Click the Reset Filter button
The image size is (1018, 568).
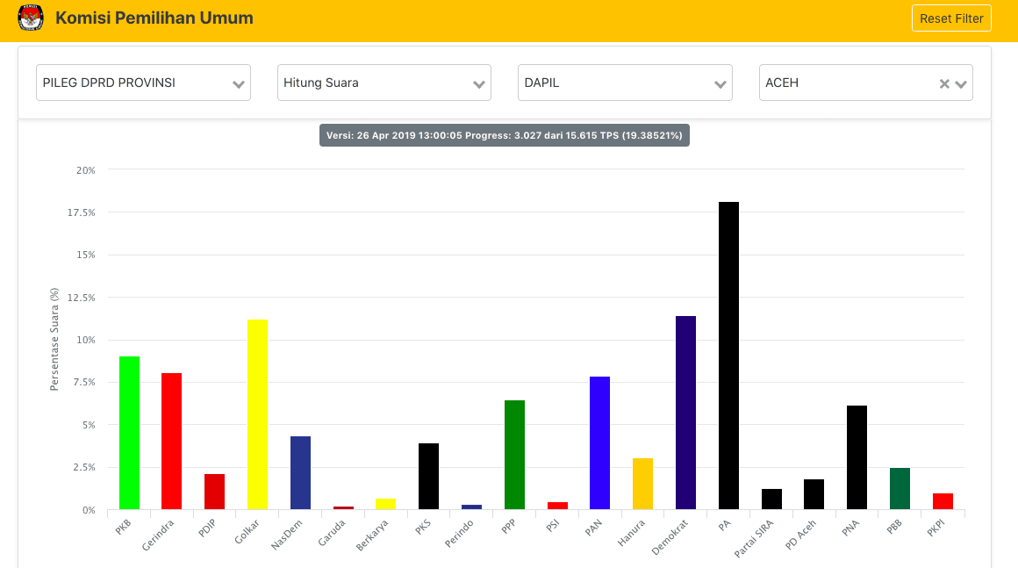pyautogui.click(x=951, y=18)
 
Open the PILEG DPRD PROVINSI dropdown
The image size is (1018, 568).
pyautogui.click(x=143, y=83)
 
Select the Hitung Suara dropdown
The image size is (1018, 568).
pyautogui.click(x=384, y=83)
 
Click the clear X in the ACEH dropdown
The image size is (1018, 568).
pyautogui.click(x=944, y=83)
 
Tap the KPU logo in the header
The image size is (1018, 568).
pyautogui.click(x=31, y=18)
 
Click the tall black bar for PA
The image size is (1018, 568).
pyautogui.click(x=728, y=356)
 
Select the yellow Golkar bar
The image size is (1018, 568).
pyautogui.click(x=257, y=414)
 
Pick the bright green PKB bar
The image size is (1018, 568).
pyautogui.click(x=129, y=433)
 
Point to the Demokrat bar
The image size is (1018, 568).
pyautogui.click(x=685, y=413)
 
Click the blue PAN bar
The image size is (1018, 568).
pyautogui.click(x=599, y=442)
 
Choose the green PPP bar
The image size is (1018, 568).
pyautogui.click(x=514, y=455)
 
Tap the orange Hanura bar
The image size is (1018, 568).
pyautogui.click(x=642, y=484)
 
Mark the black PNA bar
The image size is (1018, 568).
pyautogui.click(x=857, y=457)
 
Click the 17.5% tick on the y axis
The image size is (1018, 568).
pyautogui.click(x=82, y=212)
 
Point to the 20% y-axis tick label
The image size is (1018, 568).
pyautogui.click(x=85, y=170)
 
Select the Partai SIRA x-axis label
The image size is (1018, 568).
pyautogui.click(x=754, y=537)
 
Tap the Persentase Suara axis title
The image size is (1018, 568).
pyautogui.click(x=54, y=339)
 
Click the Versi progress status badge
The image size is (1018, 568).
pyautogui.click(x=504, y=135)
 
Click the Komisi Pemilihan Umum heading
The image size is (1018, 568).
pyautogui.click(x=154, y=18)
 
